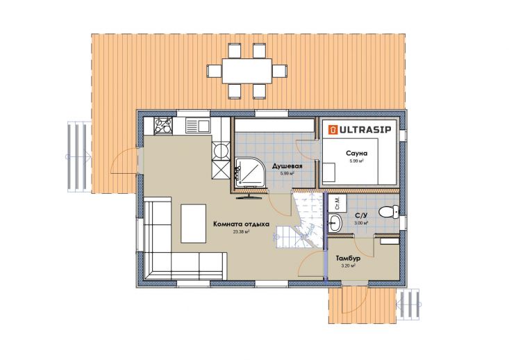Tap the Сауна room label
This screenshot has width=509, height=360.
tap(357, 153)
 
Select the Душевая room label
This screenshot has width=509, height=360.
tap(287, 166)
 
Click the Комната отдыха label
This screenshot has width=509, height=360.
tap(241, 224)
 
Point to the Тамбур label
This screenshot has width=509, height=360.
tap(348, 259)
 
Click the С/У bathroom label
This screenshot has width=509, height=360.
tap(361, 215)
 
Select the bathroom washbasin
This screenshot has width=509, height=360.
tap(335, 223)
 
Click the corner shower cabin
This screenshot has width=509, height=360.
tap(249, 172)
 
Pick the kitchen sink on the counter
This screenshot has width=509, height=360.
tap(198, 125)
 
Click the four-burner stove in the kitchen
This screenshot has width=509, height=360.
tap(163, 126)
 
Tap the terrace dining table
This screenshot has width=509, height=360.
tap(247, 71)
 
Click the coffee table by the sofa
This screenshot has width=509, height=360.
tap(194, 223)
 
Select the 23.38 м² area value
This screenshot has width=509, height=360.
tap(241, 232)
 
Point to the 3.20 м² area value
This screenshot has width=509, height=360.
tap(348, 265)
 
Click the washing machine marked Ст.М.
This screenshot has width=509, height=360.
tap(337, 203)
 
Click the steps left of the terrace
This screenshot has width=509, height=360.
tap(79, 156)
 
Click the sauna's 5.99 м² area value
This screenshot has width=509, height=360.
tap(356, 161)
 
